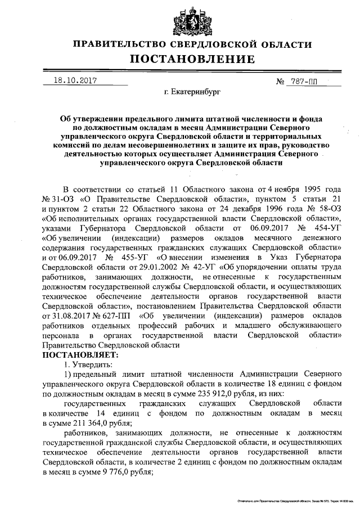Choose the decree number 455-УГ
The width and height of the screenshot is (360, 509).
click(136, 258)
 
